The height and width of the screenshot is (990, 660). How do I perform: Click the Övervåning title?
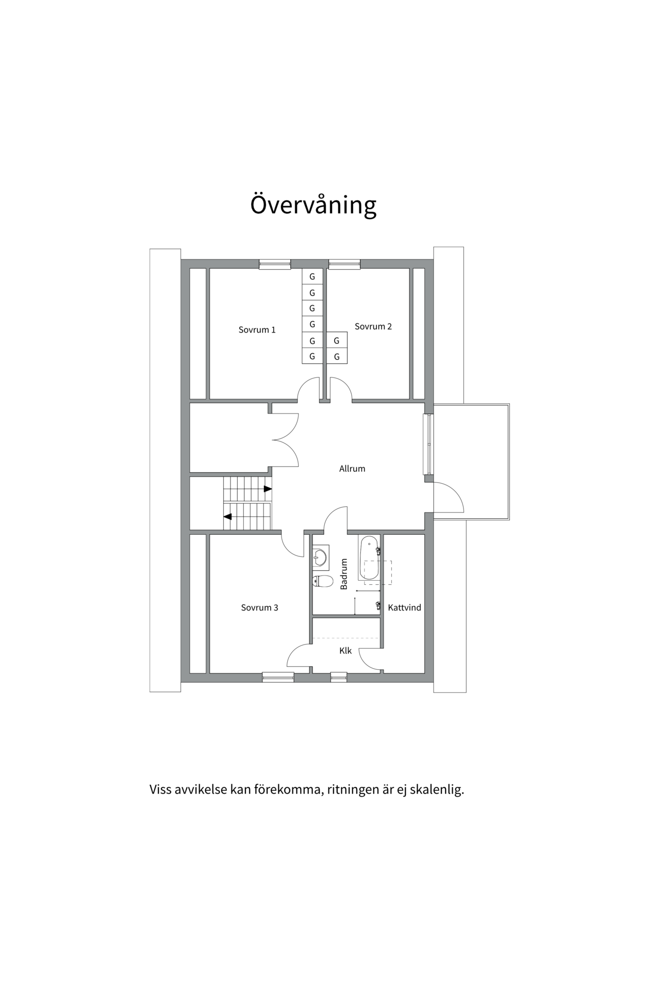(313, 205)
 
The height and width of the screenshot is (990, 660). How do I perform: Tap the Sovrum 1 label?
(257, 330)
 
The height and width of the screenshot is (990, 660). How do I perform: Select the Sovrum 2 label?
(373, 326)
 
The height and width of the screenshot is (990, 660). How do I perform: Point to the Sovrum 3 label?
(259, 608)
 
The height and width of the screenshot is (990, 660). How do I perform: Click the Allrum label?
(352, 469)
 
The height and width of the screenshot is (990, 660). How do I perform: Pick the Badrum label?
(344, 574)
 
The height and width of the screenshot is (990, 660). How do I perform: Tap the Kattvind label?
(404, 608)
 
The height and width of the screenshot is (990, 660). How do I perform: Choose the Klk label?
(345, 651)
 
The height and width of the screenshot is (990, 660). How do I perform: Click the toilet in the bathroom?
(322, 581)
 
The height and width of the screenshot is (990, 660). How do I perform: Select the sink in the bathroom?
(320, 557)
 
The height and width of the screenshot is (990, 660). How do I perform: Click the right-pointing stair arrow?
(268, 489)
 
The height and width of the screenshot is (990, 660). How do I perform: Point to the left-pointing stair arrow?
(227, 516)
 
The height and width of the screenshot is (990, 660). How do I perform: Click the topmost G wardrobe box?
(312, 277)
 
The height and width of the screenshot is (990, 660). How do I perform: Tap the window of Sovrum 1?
(274, 264)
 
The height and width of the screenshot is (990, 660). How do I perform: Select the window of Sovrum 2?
(344, 264)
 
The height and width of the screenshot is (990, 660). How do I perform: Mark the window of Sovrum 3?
(278, 677)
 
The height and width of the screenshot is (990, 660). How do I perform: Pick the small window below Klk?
(338, 677)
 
